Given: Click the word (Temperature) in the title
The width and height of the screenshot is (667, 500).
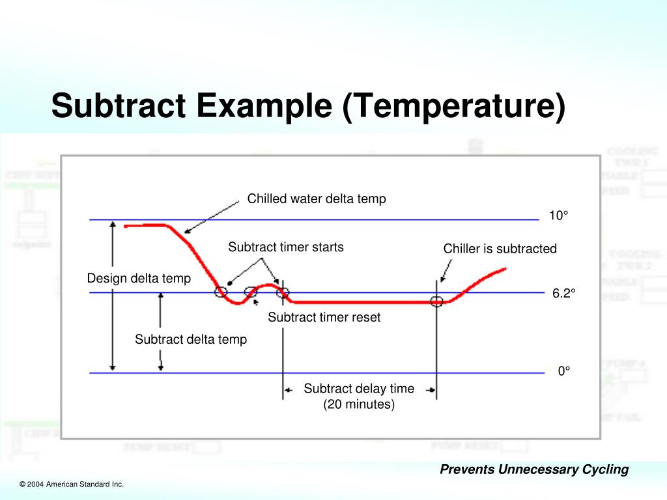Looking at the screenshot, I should pyautogui.click(x=452, y=107).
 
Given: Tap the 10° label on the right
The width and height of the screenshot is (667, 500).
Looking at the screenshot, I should pyautogui.click(x=558, y=215).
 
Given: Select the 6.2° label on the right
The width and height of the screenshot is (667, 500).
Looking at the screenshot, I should pyautogui.click(x=564, y=294).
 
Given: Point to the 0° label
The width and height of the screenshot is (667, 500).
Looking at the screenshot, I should pyautogui.click(x=563, y=371).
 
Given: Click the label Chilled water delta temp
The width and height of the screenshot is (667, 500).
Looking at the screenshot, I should pyautogui.click(x=317, y=199).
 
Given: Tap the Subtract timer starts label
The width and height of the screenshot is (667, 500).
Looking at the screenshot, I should pyautogui.click(x=285, y=247).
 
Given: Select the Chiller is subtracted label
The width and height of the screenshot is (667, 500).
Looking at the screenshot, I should pyautogui.click(x=500, y=249).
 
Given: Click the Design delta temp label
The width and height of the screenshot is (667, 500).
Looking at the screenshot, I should pyautogui.click(x=139, y=279).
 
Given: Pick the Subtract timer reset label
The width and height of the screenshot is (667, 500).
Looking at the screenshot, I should pyautogui.click(x=324, y=318).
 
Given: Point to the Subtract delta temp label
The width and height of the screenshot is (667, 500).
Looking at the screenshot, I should pyautogui.click(x=190, y=339).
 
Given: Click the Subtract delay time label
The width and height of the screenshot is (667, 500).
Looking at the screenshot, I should pyautogui.click(x=358, y=389).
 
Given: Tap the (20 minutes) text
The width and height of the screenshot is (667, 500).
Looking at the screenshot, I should pyautogui.click(x=359, y=404).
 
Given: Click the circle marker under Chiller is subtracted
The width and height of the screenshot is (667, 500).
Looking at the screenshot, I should pyautogui.click(x=436, y=301).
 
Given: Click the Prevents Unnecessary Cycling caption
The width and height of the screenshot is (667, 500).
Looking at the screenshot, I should pyautogui.click(x=534, y=469).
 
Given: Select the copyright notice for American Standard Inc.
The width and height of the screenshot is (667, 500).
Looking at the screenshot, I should pyautogui.click(x=72, y=484).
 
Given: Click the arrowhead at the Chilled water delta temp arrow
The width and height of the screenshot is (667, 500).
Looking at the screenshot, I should pyautogui.click(x=187, y=230).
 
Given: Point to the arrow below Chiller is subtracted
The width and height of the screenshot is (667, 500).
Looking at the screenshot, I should pyautogui.click(x=444, y=270).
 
